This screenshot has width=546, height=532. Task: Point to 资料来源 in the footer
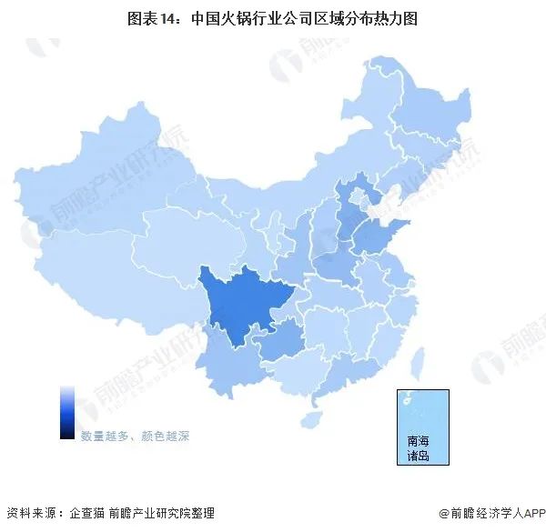click(x=28, y=514)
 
